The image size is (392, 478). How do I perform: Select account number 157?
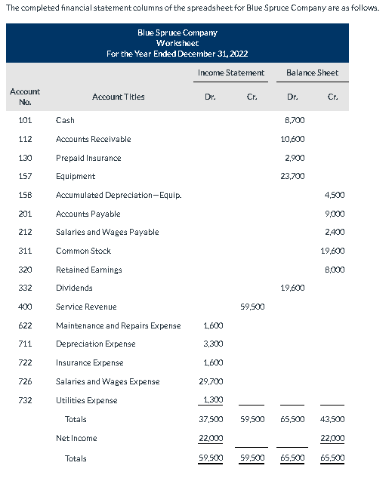[24, 176]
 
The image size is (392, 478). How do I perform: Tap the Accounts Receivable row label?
[93, 139]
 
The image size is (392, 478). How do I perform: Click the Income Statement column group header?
[230, 72]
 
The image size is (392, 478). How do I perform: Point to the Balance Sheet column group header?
[312, 72]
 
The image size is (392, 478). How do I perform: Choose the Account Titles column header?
[119, 97]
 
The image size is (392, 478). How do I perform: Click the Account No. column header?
[25, 96]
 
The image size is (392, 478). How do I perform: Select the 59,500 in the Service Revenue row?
[251, 307]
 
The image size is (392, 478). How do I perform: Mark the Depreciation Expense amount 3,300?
[211, 344]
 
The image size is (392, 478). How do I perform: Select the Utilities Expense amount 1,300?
[211, 400]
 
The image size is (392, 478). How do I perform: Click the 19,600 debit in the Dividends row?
[292, 288]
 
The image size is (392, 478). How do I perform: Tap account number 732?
[24, 400]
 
